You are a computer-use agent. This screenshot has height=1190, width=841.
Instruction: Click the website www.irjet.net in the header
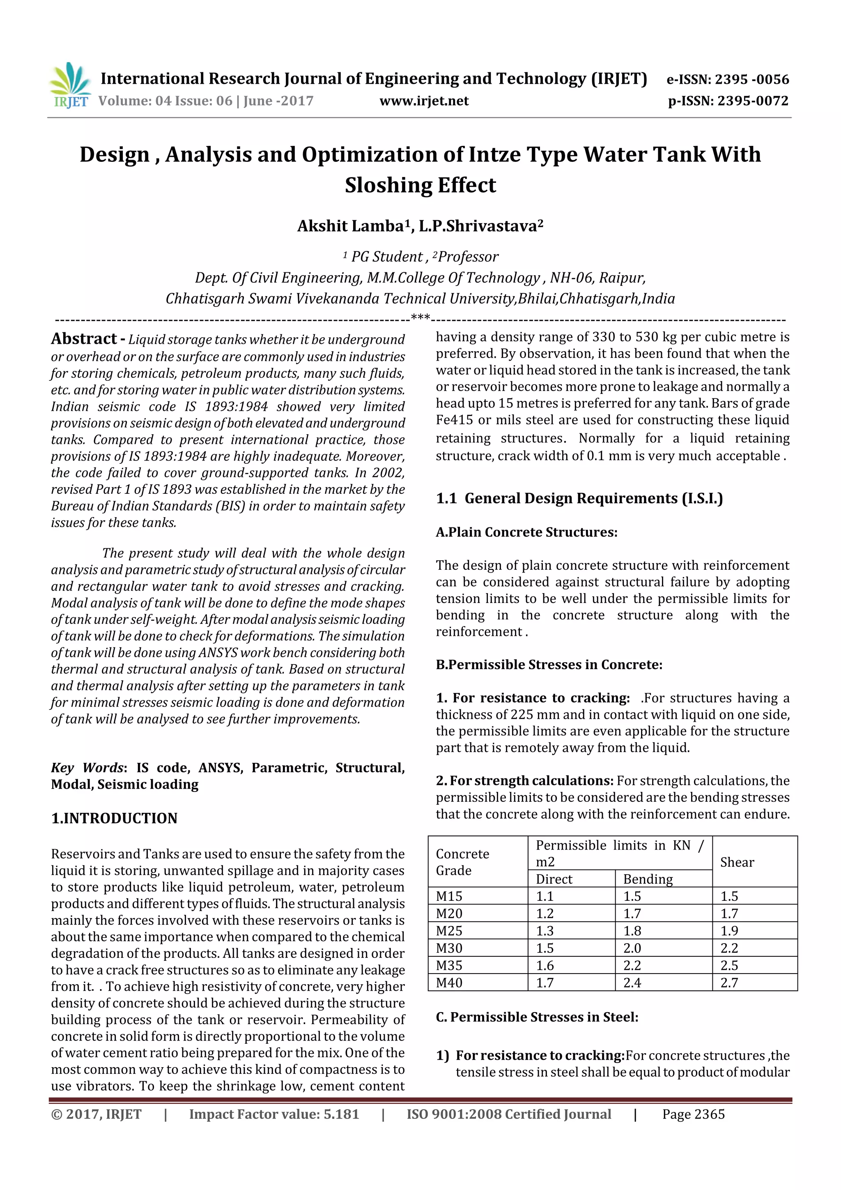point(423,101)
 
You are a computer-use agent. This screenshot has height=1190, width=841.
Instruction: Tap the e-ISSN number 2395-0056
point(751,79)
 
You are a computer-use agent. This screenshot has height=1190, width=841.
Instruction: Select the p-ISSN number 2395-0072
point(752,101)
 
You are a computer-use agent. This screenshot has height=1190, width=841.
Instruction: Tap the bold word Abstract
point(83,339)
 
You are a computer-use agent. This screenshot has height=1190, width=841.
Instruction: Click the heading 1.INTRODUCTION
point(114,818)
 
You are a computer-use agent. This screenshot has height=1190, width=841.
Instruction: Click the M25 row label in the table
point(449,931)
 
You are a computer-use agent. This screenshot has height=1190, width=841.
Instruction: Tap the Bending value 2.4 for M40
point(632,983)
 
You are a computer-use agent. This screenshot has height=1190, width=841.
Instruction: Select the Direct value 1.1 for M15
point(545,896)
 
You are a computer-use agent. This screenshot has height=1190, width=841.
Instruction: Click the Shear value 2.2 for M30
point(728,948)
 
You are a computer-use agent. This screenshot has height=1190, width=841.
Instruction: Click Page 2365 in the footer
point(693,1114)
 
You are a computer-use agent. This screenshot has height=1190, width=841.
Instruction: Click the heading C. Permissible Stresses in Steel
point(537,1017)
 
